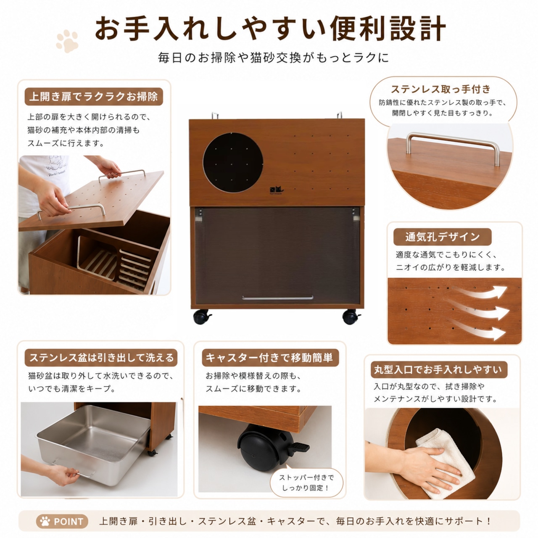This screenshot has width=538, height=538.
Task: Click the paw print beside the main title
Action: (x=67, y=41)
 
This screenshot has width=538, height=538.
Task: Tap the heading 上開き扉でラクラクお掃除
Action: (x=94, y=97)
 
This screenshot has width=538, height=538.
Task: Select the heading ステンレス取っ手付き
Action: (x=440, y=89)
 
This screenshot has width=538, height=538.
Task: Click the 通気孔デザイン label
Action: (x=442, y=237)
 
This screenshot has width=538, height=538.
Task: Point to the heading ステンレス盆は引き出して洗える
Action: (x=101, y=357)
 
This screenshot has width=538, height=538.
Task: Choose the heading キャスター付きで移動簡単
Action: (x=270, y=357)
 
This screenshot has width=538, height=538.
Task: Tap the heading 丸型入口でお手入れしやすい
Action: (x=439, y=369)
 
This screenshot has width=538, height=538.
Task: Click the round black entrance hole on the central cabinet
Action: (x=232, y=163)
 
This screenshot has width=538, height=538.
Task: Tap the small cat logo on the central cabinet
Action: (x=276, y=190)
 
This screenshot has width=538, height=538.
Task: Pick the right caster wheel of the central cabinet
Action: (x=351, y=316)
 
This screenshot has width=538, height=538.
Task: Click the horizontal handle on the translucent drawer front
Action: (x=277, y=298)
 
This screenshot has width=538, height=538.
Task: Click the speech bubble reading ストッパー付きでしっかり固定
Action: (x=306, y=482)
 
